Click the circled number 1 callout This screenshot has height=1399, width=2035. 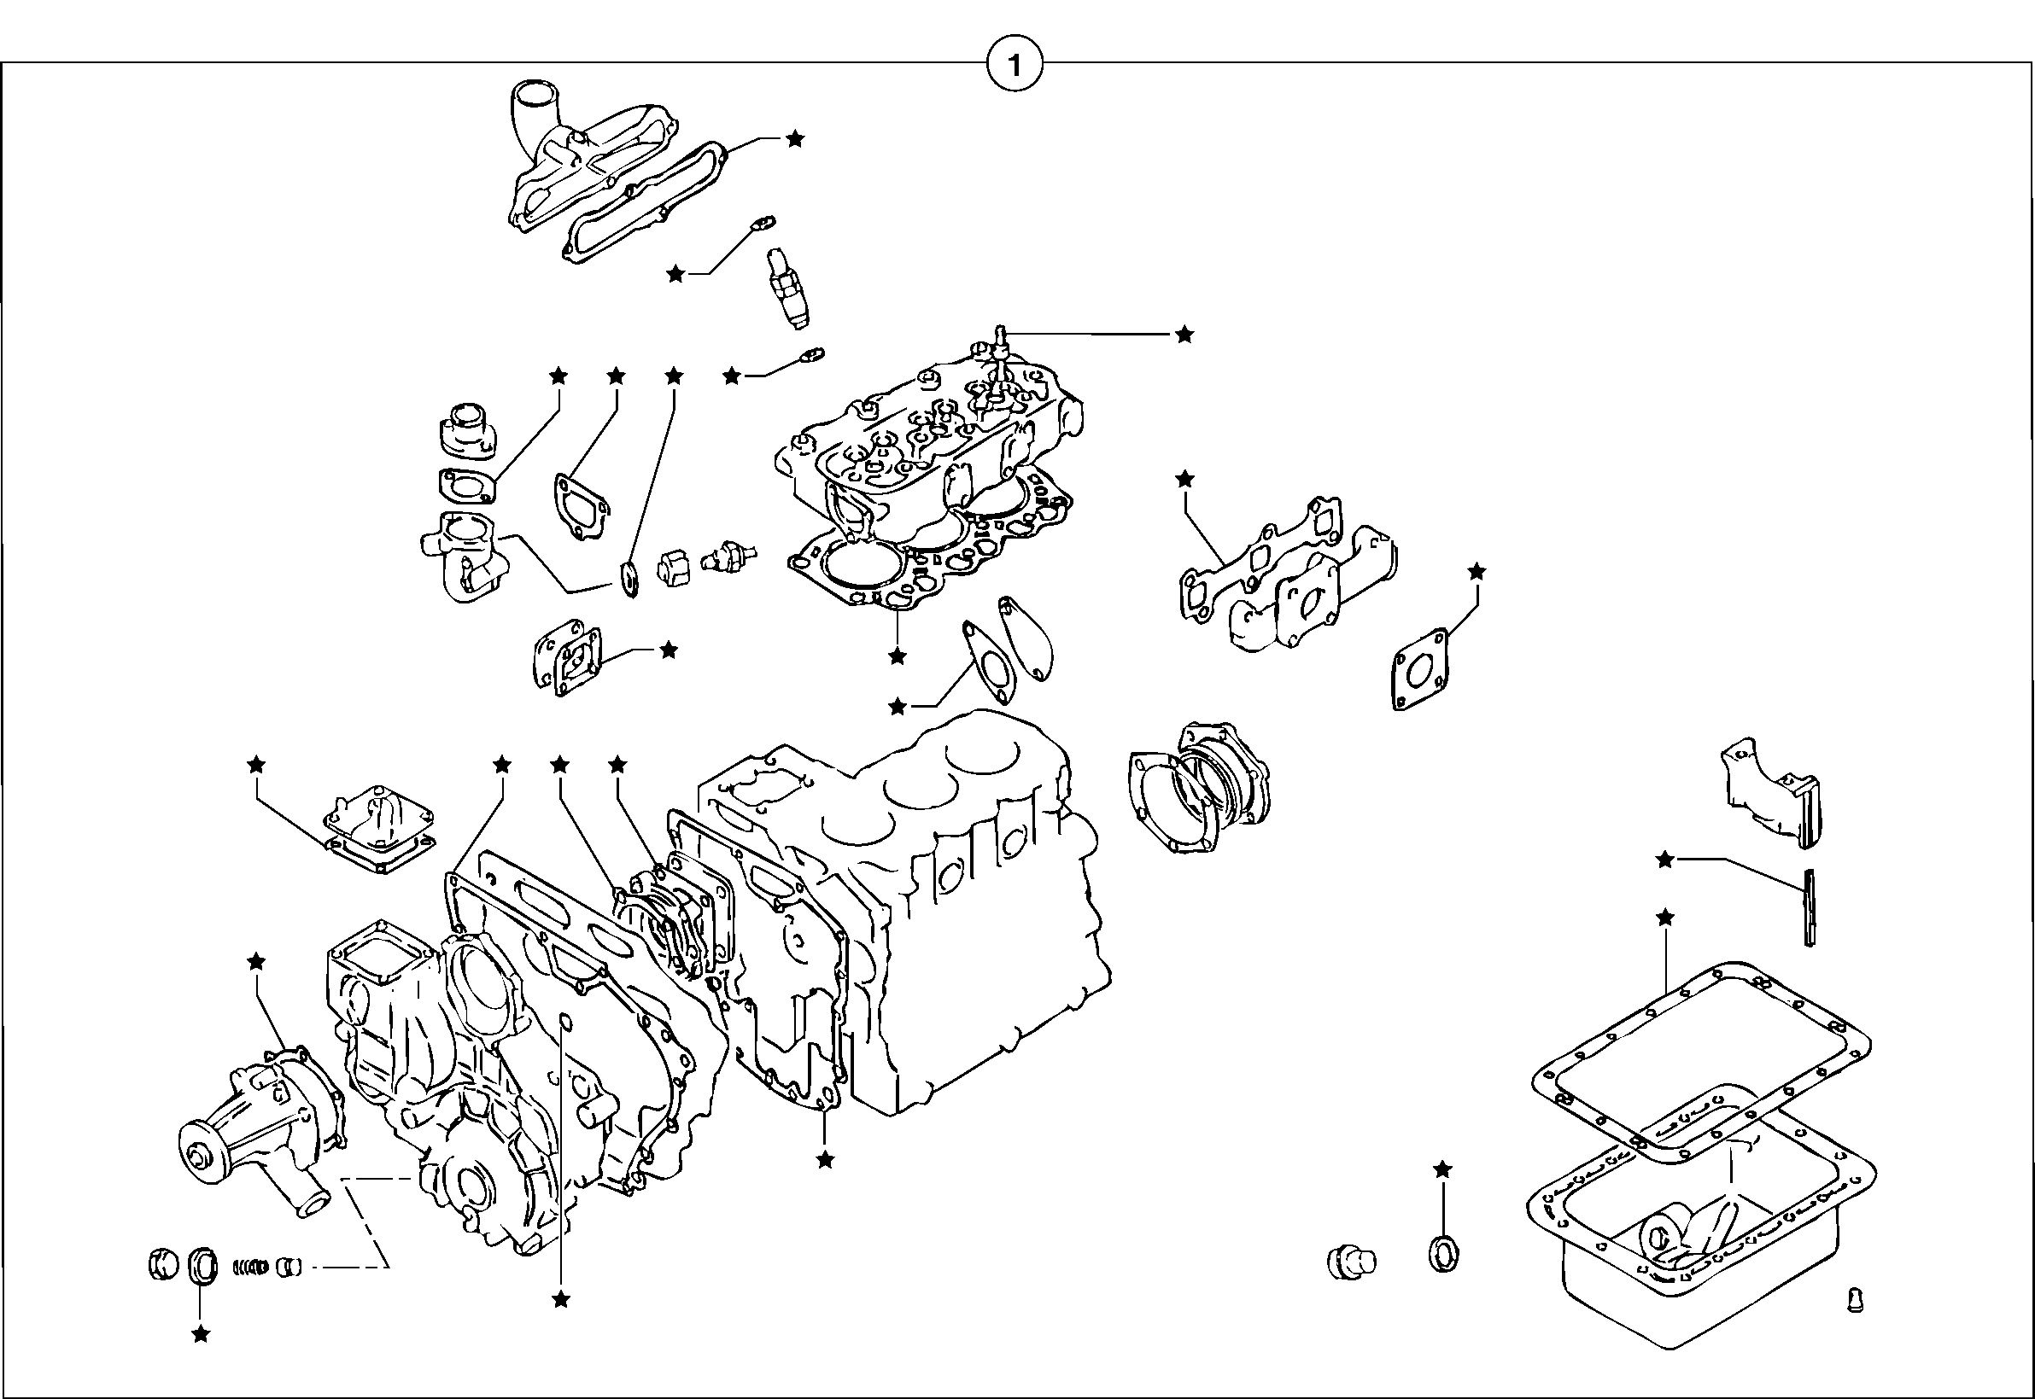click(x=1015, y=66)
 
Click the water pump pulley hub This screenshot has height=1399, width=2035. click(x=197, y=1150)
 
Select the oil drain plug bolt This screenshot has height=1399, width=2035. click(x=1350, y=1262)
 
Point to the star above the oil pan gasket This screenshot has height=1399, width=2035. click(x=1665, y=918)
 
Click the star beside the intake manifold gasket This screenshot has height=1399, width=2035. click(x=794, y=138)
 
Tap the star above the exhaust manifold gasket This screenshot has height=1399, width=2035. click(x=1184, y=479)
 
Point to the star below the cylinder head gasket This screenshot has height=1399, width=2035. click(x=896, y=656)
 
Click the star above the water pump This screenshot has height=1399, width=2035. click(x=256, y=962)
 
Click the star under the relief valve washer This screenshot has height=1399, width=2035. click(x=201, y=1334)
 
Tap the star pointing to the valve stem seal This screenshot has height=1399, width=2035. click(x=1184, y=334)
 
